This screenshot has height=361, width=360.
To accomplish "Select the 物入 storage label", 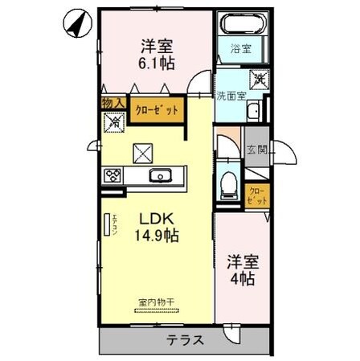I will coord(112,104).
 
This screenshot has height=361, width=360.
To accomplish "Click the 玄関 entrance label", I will coord(257,149).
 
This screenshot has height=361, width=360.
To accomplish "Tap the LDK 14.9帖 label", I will coord(155,227).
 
